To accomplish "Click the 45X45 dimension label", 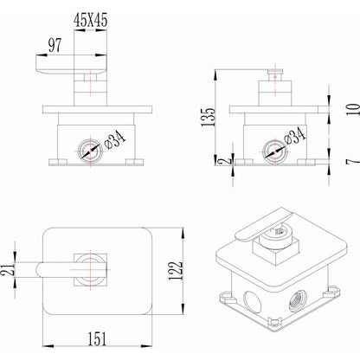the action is tap(90, 21).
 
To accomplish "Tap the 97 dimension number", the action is tap(55, 45).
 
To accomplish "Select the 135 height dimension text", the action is tap(209, 117).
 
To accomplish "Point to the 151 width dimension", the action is tap(97, 338).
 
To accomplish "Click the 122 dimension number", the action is tap(176, 271).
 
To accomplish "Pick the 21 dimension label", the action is tap(8, 269).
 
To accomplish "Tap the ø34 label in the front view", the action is tap(115, 139).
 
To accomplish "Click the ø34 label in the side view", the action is tap(294, 136).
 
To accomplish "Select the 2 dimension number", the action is tap(228, 160).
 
